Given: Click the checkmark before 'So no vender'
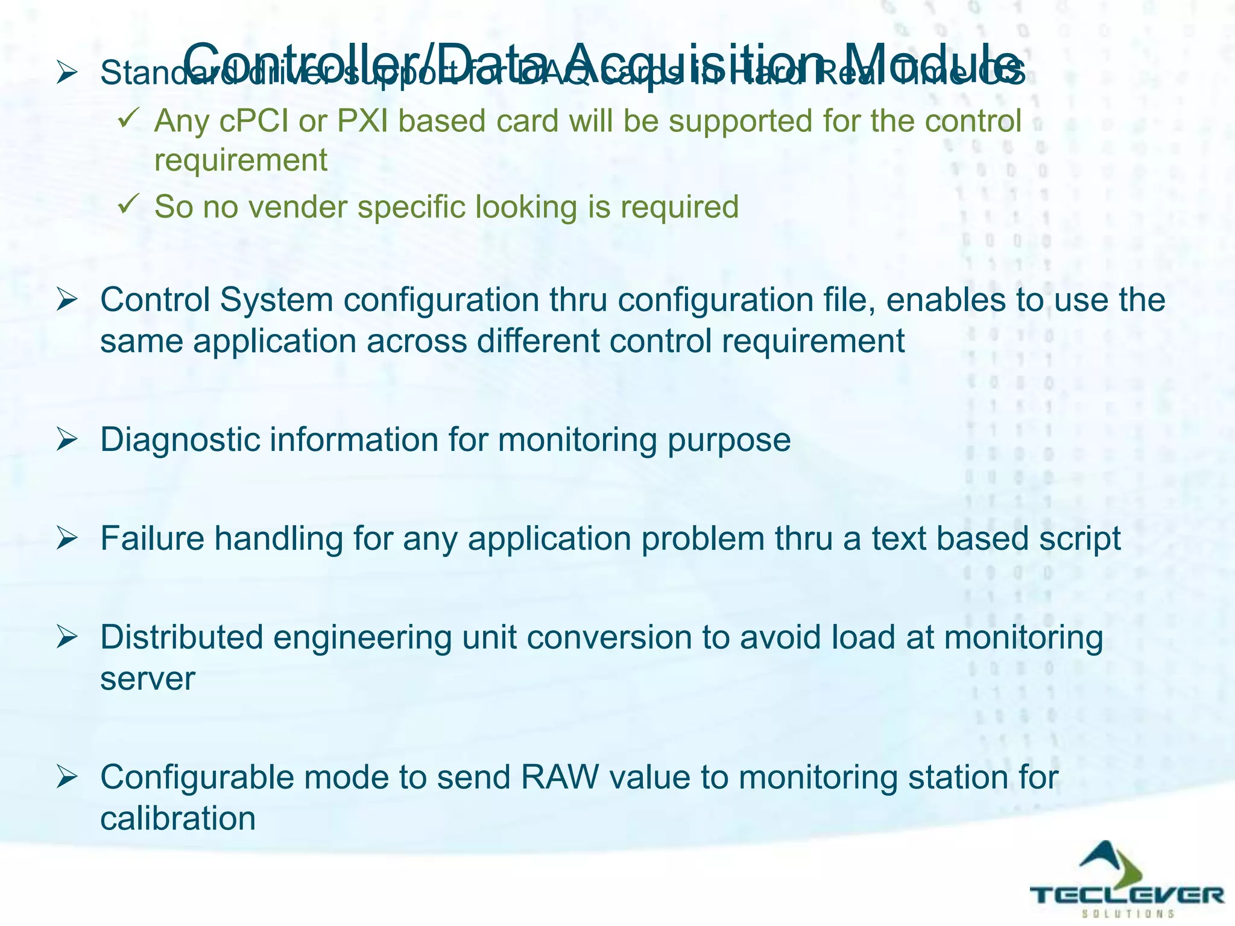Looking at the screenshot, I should tap(128, 204).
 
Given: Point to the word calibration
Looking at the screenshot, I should tap(178, 819).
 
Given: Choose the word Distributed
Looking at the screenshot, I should tap(182, 638).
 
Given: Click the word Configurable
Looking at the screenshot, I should tap(197, 778).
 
